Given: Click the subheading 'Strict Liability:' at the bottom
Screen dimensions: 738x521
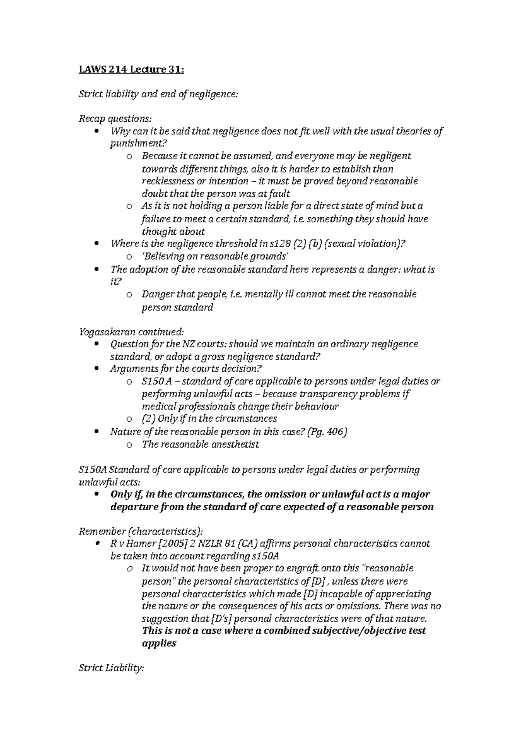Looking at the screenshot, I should click(x=111, y=669).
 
